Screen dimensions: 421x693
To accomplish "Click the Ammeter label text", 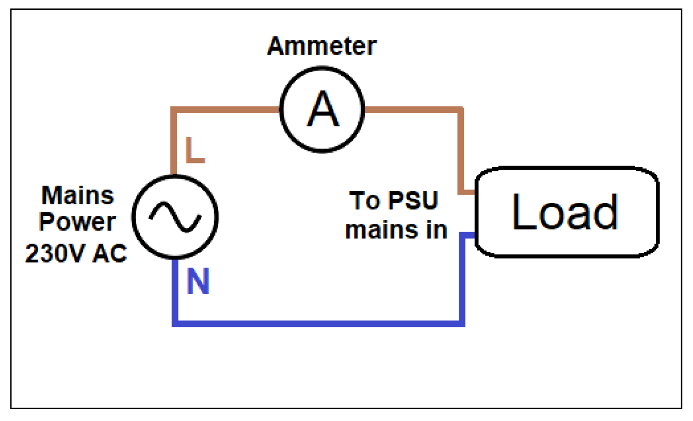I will [321, 46].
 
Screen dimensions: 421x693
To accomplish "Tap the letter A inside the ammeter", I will [323, 110].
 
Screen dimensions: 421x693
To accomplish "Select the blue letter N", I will [198, 283].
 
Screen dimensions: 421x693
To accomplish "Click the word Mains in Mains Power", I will [77, 196].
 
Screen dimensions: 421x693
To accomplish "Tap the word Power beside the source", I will [77, 222].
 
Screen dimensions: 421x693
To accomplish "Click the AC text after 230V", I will [109, 254].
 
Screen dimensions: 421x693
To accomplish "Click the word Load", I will [565, 212].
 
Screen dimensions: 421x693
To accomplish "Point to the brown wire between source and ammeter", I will [222, 109].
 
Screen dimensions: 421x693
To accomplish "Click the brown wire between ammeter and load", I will [413, 109].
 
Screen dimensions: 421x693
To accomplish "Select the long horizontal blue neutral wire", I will [317, 323].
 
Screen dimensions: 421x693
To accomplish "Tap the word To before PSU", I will [366, 200].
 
